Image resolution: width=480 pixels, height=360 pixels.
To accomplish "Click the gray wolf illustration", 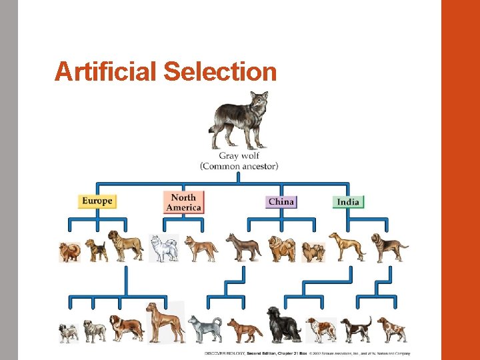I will pyautogui.click(x=239, y=121).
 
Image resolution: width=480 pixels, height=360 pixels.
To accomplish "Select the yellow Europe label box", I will pyautogui.click(x=97, y=201).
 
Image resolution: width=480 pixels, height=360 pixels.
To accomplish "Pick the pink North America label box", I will pyautogui.click(x=183, y=202).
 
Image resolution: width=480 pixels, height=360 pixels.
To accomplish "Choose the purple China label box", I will pyautogui.click(x=281, y=201).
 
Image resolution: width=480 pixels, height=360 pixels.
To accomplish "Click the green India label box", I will pyautogui.click(x=348, y=202).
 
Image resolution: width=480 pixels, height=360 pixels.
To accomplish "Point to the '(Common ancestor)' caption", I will pyautogui.click(x=239, y=165).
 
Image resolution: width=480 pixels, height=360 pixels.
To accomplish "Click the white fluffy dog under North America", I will pyautogui.click(x=163, y=248).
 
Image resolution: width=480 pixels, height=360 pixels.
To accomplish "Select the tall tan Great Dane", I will pyautogui.click(x=165, y=322).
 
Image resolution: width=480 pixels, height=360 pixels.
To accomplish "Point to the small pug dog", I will pyautogui.click(x=69, y=331).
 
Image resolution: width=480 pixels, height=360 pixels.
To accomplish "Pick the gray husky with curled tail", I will pyautogui.click(x=204, y=327).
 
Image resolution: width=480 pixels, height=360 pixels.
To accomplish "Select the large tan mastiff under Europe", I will pyautogui.click(x=125, y=246).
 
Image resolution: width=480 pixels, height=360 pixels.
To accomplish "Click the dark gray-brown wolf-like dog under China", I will pyautogui.click(x=243, y=247).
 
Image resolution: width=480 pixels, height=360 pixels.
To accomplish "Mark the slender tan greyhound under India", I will pyautogui.click(x=347, y=246).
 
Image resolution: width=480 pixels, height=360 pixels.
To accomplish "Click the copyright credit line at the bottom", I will pyautogui.click(x=307, y=353).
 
